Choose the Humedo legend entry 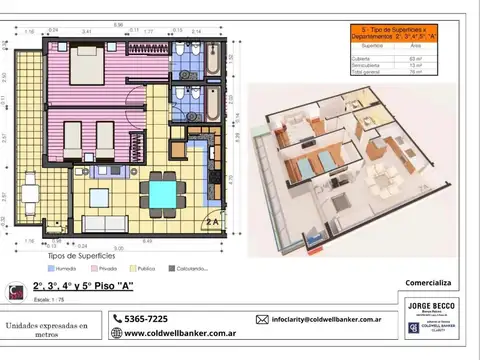[62, 268]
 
